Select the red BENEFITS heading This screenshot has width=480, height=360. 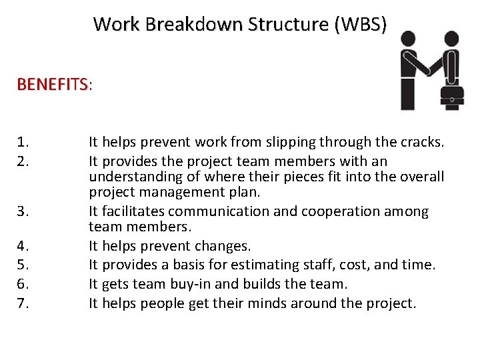pos(54,85)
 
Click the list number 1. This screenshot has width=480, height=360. pos(24,142)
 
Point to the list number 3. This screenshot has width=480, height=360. pos(24,211)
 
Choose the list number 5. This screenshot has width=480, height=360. pos(24,265)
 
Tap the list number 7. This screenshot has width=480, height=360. pos(24,303)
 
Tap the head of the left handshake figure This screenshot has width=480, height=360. pos(408,39)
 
